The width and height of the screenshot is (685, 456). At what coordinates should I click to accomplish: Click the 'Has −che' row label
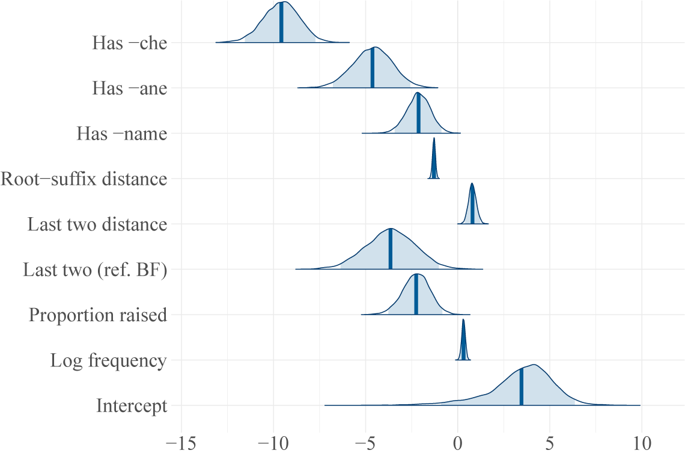pyautogui.click(x=129, y=43)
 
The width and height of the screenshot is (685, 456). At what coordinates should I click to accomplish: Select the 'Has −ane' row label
pyautogui.click(x=129, y=88)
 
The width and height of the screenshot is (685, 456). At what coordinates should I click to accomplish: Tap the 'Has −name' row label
pyautogui.click(x=121, y=134)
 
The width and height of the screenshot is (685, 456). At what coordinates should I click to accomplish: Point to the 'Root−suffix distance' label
pyautogui.click(x=84, y=179)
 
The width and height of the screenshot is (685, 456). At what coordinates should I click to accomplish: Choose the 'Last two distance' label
pyautogui.click(x=97, y=224)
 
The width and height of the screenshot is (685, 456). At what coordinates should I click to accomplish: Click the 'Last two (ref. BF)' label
pyautogui.click(x=94, y=270)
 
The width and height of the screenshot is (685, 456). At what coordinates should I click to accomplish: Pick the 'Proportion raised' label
pyautogui.click(x=97, y=315)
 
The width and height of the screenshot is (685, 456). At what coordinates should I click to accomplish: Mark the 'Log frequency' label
pyautogui.click(x=108, y=360)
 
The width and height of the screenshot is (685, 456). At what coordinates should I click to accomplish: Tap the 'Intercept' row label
pyautogui.click(x=131, y=406)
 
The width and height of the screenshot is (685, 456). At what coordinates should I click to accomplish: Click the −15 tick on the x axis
pyautogui.click(x=181, y=445)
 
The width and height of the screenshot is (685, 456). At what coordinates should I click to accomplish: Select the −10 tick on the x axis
pyautogui.click(x=273, y=445)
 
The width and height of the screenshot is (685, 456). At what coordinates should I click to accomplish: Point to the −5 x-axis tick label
pyautogui.click(x=365, y=445)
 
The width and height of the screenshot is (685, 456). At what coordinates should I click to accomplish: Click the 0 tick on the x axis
pyautogui.click(x=458, y=445)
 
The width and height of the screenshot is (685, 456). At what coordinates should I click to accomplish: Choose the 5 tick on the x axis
pyautogui.click(x=549, y=445)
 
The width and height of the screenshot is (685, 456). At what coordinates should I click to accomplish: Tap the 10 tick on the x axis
pyautogui.click(x=641, y=445)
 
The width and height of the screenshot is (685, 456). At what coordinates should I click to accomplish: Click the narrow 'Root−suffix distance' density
pyautogui.click(x=434, y=159)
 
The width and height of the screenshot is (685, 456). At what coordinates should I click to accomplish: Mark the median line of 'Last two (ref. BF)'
pyautogui.click(x=391, y=249)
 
